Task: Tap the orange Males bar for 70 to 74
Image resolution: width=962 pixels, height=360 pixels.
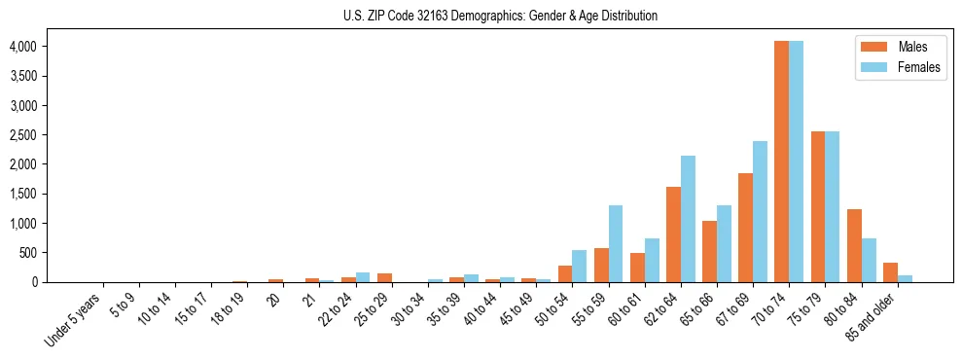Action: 781,162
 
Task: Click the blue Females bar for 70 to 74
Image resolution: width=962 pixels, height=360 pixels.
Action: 796,162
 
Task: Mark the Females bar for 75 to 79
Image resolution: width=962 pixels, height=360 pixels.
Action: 832,206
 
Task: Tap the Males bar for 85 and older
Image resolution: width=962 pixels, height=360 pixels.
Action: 890,272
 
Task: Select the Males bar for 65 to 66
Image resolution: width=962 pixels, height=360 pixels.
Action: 709,251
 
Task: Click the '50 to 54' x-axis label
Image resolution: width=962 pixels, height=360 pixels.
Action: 553,310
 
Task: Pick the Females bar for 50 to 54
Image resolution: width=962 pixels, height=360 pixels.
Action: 580,266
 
